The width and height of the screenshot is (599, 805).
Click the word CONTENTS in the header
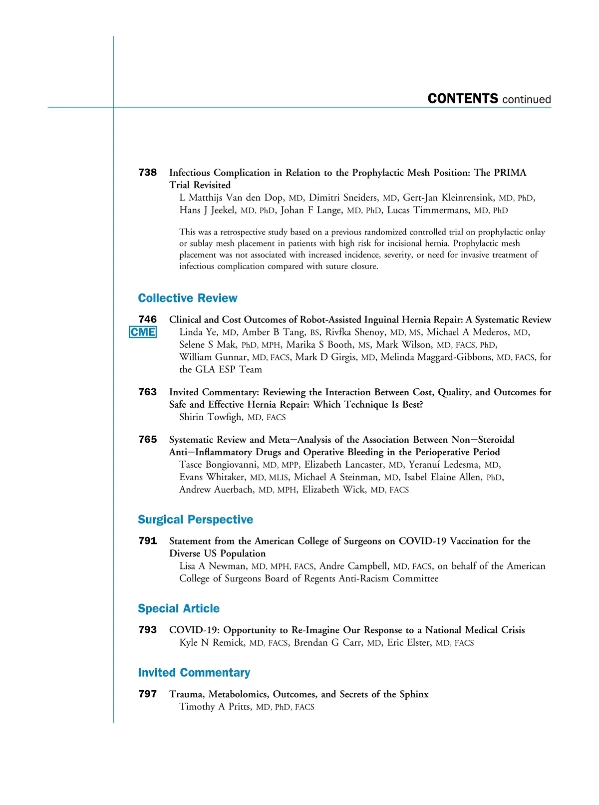(463, 99)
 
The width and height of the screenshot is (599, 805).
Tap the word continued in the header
(527, 99)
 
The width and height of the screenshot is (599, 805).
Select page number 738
(147, 173)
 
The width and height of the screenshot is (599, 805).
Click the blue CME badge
(143, 332)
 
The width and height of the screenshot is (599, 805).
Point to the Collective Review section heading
(188, 298)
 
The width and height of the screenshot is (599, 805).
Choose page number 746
(147, 319)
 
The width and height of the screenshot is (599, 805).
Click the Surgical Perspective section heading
(195, 520)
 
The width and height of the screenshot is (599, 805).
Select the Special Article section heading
(179, 608)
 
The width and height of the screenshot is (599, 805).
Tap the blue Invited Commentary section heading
(194, 673)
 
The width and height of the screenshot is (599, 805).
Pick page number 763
(147, 392)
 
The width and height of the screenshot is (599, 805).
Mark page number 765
(147, 440)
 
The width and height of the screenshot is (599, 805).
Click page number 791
(147, 541)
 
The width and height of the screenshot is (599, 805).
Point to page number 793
(147, 630)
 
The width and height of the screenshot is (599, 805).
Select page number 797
(147, 694)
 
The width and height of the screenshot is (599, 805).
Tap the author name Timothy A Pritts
(215, 707)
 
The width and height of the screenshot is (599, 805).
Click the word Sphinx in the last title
(414, 694)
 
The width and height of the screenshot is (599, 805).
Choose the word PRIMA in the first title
(510, 173)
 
